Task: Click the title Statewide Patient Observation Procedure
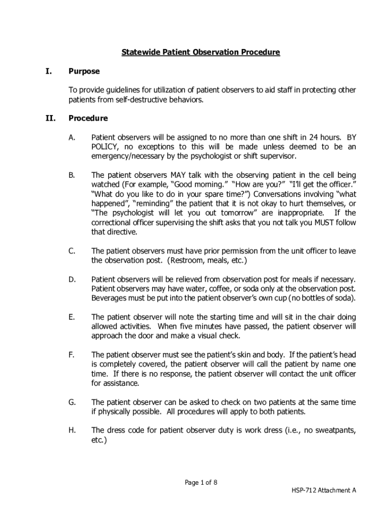coord(201,53)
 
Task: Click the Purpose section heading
coord(84,72)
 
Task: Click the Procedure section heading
coord(88,119)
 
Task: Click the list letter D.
coord(72,279)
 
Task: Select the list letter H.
coord(72,430)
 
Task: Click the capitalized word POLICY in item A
coord(105,147)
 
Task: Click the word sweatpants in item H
coord(332,430)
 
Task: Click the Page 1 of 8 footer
coord(201,483)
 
